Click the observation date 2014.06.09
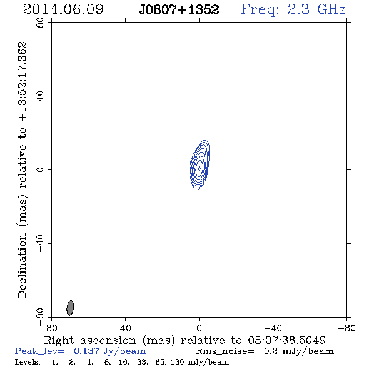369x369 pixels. click(x=63, y=9)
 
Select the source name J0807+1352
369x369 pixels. click(x=179, y=9)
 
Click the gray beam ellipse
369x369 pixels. click(x=70, y=308)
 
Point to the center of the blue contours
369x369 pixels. click(x=200, y=168)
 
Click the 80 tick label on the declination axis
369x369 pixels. click(x=40, y=23)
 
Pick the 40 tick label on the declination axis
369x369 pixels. click(x=40, y=96)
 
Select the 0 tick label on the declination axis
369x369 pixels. click(x=40, y=169)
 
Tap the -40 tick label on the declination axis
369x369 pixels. click(x=40, y=243)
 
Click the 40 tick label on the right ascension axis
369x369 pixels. click(x=125, y=328)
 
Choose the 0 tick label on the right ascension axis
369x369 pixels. click(x=199, y=328)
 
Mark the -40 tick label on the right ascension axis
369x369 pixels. click(x=273, y=328)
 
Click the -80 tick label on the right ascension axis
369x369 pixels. click(x=346, y=328)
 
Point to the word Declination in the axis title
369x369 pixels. click(x=22, y=265)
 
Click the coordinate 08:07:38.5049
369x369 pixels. click(x=287, y=340)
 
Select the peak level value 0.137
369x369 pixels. click(x=86, y=351)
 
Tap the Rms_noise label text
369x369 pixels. click(x=225, y=351)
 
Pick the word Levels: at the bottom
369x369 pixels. click(x=28, y=361)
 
